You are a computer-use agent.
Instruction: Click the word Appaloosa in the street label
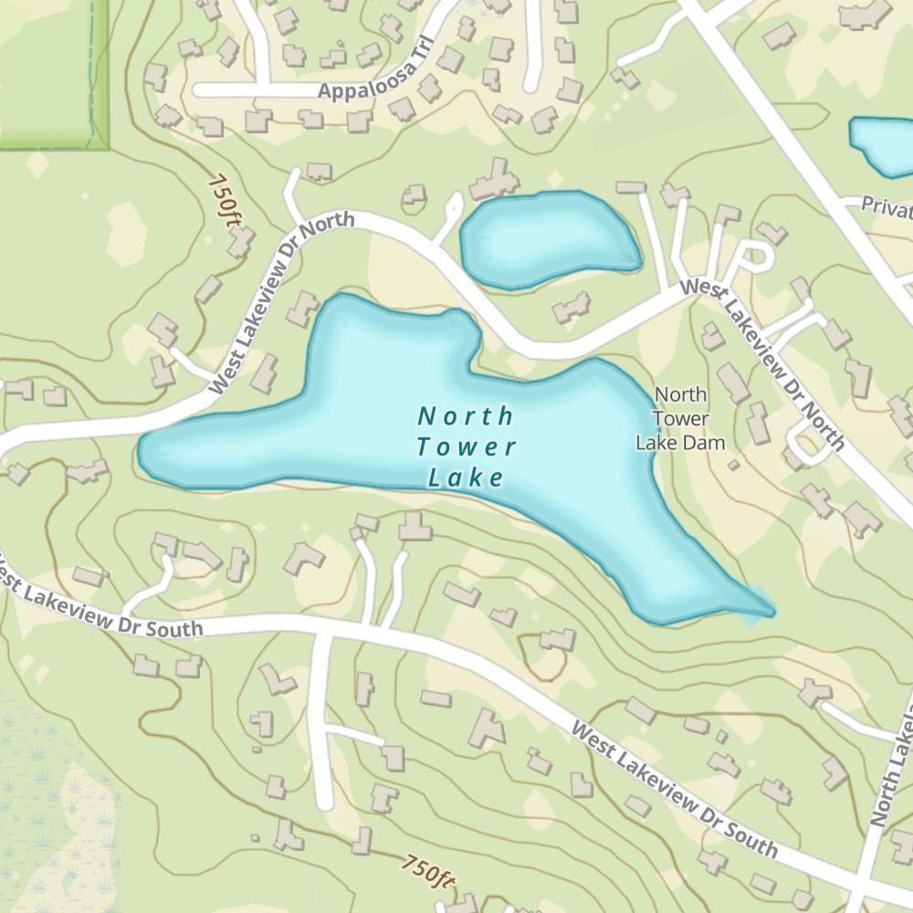point(362,89)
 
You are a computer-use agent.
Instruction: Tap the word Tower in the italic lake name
point(467,447)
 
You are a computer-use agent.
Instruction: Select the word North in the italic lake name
point(466,416)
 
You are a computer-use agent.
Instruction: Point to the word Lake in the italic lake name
point(466,477)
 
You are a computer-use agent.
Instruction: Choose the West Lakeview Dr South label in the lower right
point(676,791)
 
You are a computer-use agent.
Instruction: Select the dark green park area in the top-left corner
point(50,73)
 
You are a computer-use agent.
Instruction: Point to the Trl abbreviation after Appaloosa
point(419,74)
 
